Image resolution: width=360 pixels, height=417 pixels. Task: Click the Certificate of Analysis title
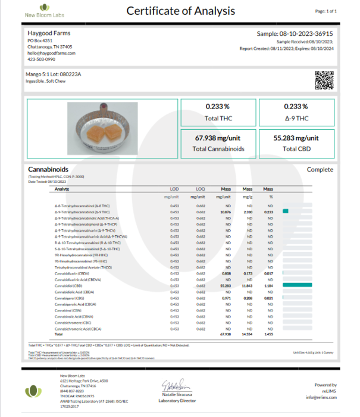180,11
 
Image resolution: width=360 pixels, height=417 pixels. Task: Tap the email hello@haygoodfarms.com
52,52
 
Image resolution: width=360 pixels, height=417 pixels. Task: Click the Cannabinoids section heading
46,170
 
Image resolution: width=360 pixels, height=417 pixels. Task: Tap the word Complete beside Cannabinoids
320,170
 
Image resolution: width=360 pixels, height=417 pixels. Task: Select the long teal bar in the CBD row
298,286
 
